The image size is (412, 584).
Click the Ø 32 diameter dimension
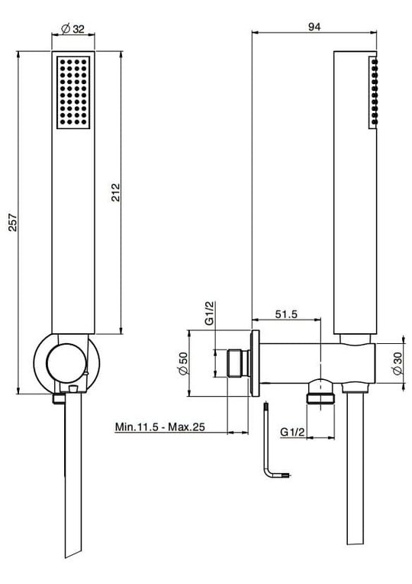click(75, 28)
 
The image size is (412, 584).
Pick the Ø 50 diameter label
click(182, 362)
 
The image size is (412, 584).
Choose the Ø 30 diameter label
click(397, 362)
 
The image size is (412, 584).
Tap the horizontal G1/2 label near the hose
click(294, 433)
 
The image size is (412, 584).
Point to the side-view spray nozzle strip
click(374, 92)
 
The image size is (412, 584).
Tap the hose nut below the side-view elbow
click(322, 397)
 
